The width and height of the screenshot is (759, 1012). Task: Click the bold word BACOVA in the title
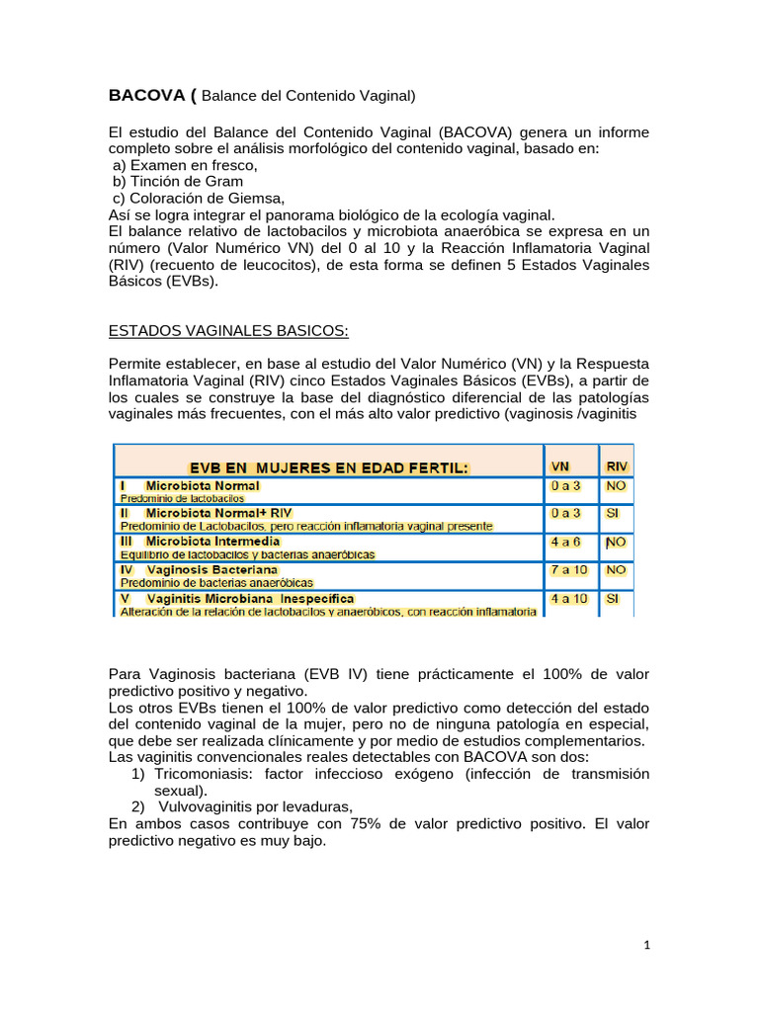click(x=149, y=96)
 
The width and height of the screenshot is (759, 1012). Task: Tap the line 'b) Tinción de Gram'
click(x=177, y=181)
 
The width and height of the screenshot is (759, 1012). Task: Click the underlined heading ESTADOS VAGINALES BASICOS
click(x=228, y=329)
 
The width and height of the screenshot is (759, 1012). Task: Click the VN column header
click(x=559, y=465)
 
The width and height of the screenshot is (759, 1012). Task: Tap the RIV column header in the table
click(x=617, y=465)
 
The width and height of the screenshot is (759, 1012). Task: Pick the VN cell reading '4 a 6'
click(x=565, y=542)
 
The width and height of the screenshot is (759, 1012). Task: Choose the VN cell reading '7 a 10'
click(x=569, y=570)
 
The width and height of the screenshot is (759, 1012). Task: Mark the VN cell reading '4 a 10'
click(x=569, y=599)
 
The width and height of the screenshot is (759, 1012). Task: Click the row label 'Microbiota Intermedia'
click(x=212, y=542)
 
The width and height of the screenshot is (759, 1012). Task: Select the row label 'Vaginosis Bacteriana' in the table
click(x=211, y=570)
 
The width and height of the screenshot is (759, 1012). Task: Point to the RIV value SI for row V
click(x=612, y=599)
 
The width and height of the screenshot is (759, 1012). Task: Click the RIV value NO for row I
click(x=615, y=486)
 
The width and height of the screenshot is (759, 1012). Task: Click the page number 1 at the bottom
click(x=646, y=945)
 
